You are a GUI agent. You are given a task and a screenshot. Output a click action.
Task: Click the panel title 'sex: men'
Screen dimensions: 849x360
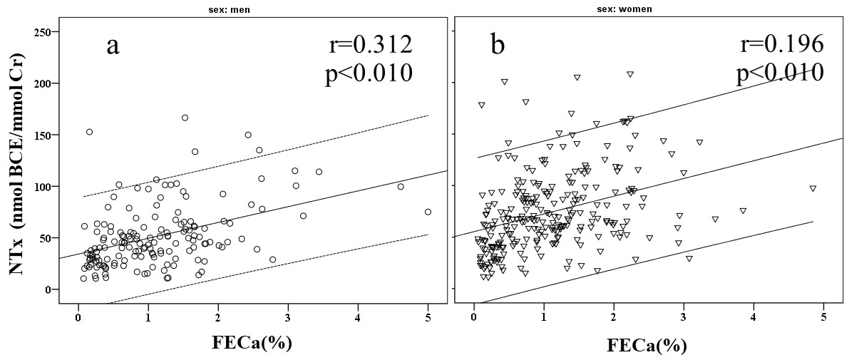(252, 10)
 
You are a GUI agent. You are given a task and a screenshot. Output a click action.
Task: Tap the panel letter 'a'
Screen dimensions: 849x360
(113, 47)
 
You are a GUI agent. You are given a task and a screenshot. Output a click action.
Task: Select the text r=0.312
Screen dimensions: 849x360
(371, 44)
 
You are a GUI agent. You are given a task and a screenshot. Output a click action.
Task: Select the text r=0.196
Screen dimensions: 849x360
(782, 44)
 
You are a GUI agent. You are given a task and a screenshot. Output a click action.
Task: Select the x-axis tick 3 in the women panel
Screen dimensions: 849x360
(684, 315)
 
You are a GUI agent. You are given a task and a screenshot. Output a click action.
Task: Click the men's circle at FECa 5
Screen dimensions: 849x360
(428, 212)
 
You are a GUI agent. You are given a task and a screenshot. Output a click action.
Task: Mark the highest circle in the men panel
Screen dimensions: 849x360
(185, 118)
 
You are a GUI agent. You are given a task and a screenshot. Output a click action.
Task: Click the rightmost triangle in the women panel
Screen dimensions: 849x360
(813, 188)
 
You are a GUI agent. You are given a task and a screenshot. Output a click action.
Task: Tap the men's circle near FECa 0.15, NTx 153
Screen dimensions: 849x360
(89, 132)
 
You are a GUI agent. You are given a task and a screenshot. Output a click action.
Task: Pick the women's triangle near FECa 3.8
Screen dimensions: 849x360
(743, 210)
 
